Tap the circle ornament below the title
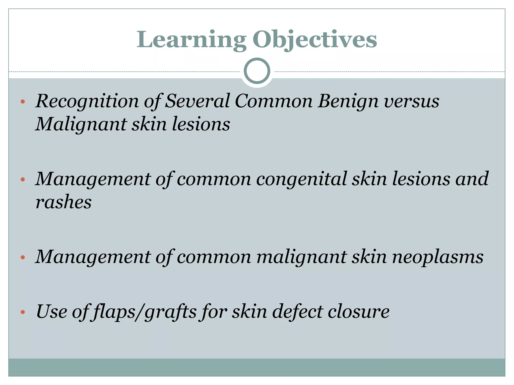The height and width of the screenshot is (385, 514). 257,71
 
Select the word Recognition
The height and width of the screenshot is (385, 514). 87,101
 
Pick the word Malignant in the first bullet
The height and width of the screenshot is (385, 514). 81,124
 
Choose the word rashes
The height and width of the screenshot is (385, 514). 63,202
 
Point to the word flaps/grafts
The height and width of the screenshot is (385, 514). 144,312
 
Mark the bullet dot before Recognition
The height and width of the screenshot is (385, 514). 23,102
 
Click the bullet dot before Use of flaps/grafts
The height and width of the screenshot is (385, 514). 23,312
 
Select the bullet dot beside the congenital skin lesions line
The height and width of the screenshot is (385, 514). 23,179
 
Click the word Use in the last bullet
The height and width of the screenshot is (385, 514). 52,312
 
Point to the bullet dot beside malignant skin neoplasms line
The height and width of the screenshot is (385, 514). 23,257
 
